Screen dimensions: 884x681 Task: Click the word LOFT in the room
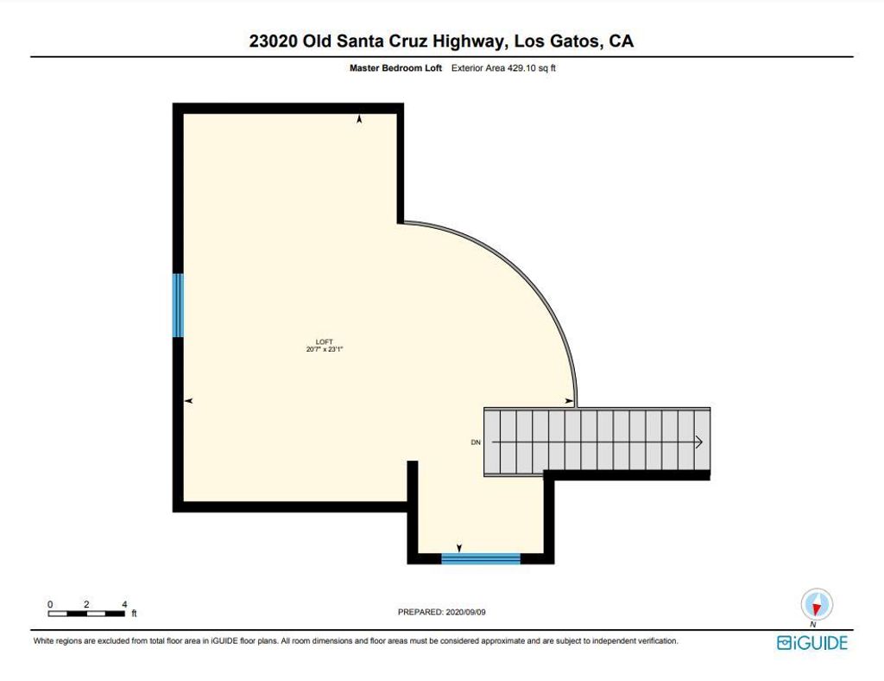click(325, 342)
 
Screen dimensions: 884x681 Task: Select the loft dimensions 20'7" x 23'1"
click(325, 349)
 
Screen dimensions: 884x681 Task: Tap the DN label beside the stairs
click(476, 442)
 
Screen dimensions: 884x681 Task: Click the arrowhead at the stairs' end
click(699, 442)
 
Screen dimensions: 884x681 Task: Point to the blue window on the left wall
click(178, 305)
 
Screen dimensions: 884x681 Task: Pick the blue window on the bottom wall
click(480, 558)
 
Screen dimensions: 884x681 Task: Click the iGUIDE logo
click(811, 643)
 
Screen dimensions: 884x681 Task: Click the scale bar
click(86, 614)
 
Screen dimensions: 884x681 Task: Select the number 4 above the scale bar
click(124, 604)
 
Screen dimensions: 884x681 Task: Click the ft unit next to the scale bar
click(134, 614)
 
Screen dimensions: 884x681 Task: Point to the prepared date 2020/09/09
click(465, 612)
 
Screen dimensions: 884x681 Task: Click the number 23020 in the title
click(274, 41)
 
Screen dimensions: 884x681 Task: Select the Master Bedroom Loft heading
click(395, 67)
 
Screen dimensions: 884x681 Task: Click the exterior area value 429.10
click(522, 67)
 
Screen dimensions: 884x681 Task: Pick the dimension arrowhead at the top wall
click(359, 118)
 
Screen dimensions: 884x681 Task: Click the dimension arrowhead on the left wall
click(189, 401)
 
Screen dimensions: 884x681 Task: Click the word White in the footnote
click(43, 641)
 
